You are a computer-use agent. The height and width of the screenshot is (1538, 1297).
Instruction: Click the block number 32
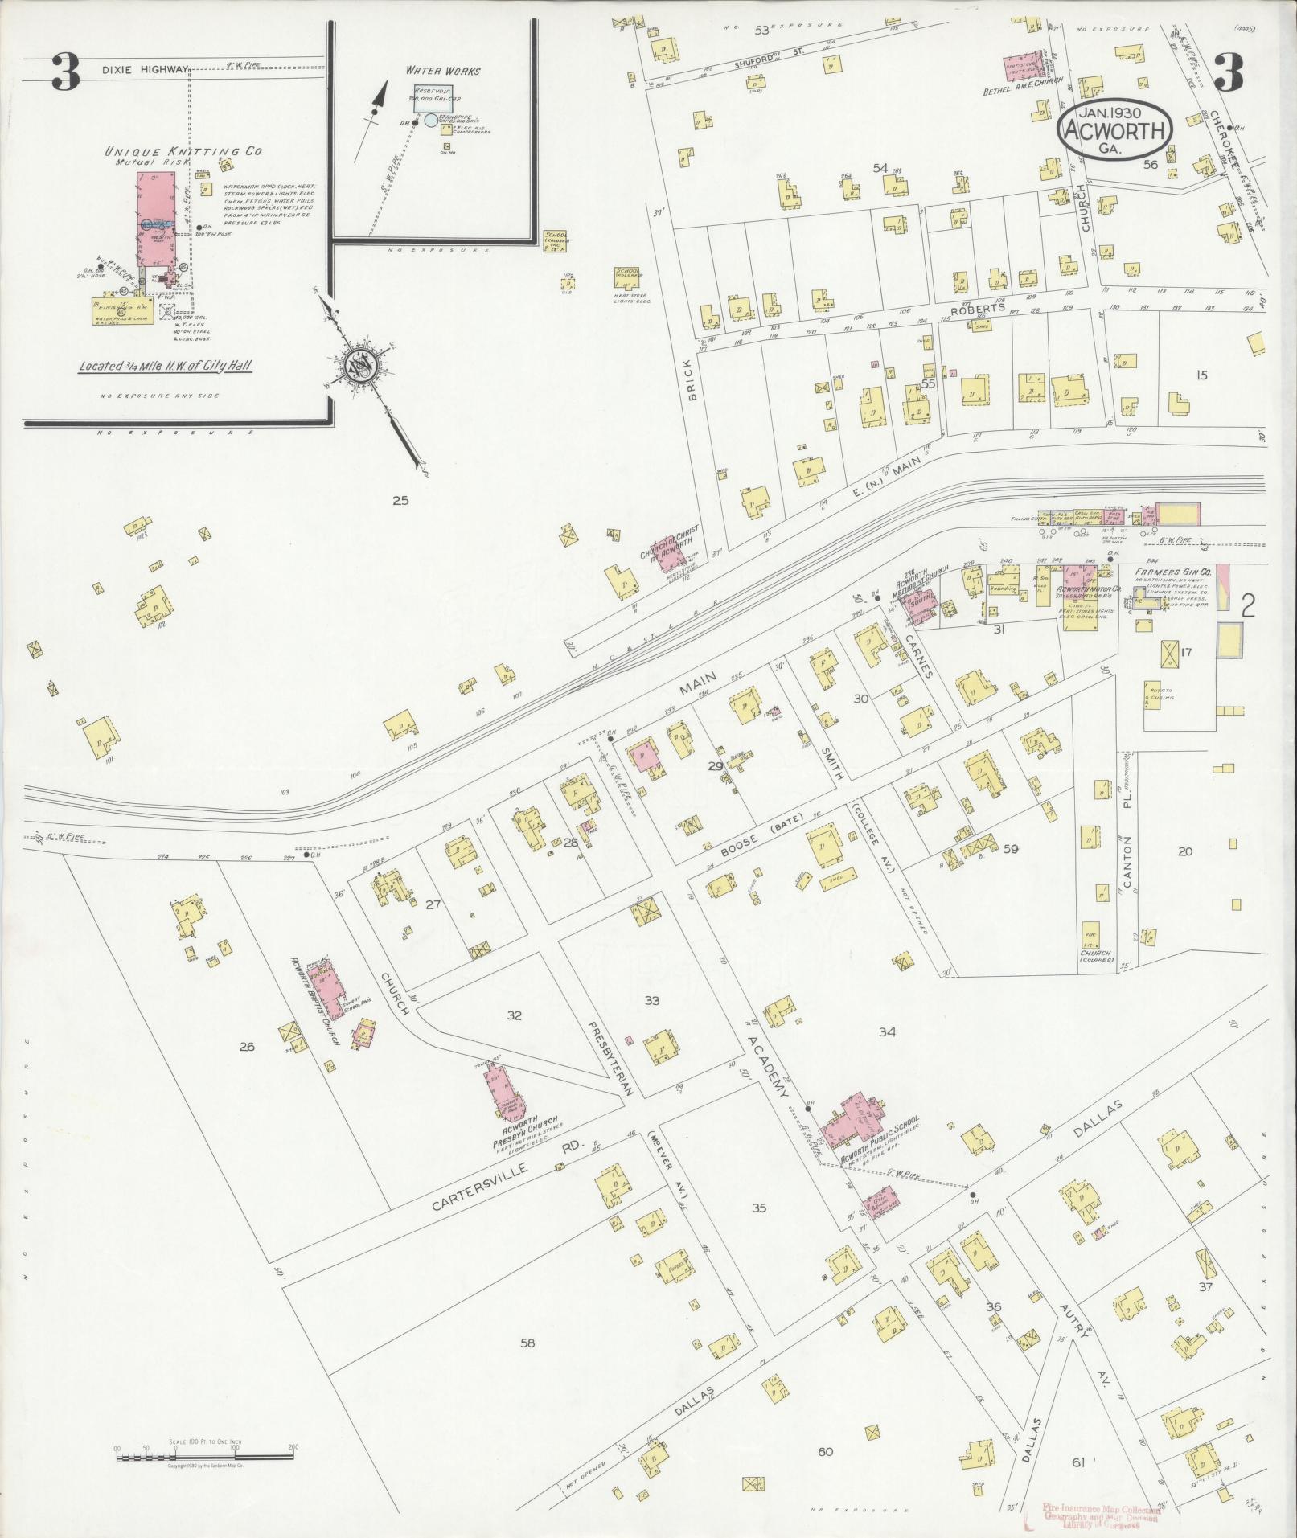click(514, 1015)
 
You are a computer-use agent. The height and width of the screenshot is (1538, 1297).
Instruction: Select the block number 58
click(527, 1342)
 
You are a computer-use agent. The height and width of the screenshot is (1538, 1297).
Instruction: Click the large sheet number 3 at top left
click(65, 73)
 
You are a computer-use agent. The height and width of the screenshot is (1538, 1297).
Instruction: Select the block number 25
click(400, 500)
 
